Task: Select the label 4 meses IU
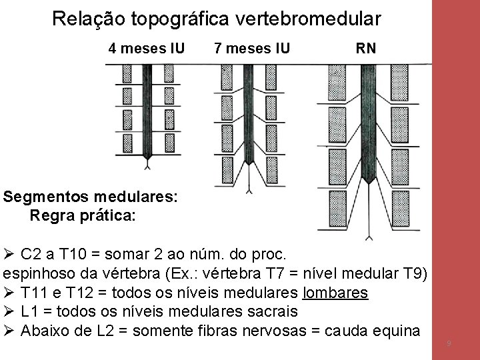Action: tap(147, 48)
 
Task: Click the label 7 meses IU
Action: tap(251, 48)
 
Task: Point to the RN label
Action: tap(365, 48)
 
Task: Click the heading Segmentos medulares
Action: tap(91, 197)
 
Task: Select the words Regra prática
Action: tap(83, 215)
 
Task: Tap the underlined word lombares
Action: tap(335, 293)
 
